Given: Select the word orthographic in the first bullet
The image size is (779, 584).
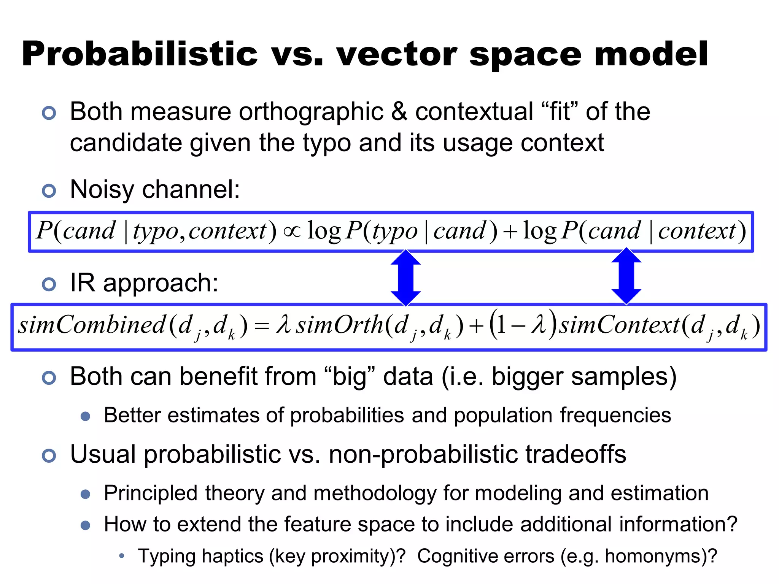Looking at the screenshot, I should point(311,112).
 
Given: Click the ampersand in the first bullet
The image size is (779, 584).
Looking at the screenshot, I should point(399,112).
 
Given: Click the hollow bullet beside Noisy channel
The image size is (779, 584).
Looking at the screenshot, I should point(49,190).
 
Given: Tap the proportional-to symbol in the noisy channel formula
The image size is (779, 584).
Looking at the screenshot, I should point(292,231).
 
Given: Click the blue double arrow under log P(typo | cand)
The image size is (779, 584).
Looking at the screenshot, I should point(405,278).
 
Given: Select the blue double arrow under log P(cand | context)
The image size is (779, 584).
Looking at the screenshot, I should point(626,276).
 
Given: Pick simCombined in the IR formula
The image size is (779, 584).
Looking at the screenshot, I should point(92,325).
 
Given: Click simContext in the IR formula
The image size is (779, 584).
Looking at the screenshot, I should point(619,325).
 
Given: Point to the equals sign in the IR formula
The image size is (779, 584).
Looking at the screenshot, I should point(262,326).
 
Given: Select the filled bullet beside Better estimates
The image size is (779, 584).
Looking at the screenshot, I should point(86,416).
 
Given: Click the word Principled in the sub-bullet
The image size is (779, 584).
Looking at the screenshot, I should point(151,494).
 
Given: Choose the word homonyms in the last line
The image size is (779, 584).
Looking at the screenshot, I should point(653,556).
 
